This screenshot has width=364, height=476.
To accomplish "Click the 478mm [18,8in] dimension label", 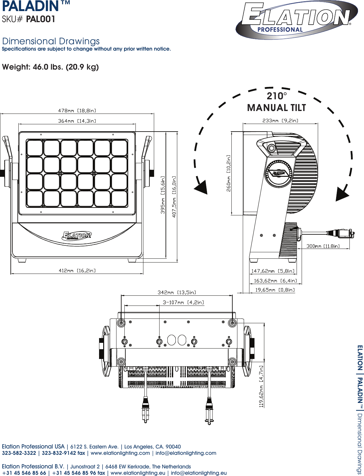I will coord(77,111).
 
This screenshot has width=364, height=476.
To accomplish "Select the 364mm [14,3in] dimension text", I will coord(77,121).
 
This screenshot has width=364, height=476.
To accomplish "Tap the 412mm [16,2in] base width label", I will coord(77,270).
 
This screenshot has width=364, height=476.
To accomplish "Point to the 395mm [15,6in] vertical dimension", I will coord(163,195).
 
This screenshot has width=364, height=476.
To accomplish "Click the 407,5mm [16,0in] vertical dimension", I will coord(174,196).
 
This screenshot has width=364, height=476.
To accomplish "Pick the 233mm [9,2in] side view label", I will coord(280,121).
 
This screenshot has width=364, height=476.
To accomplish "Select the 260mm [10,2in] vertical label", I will coord(229,173).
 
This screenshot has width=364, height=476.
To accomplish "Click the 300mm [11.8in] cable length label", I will coord(323,246).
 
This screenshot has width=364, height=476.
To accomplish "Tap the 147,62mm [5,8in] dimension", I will coord(273,271).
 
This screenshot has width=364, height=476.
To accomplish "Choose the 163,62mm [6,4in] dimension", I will coord(275,281).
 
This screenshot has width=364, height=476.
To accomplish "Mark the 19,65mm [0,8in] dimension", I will coord(275,290).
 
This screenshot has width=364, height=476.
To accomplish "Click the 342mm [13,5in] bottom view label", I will coord(177,292).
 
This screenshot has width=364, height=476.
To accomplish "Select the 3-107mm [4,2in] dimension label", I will coord(183,302).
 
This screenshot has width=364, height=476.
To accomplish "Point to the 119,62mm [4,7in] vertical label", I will coord(261,386).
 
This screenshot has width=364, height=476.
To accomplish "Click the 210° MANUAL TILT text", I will coord(276,102).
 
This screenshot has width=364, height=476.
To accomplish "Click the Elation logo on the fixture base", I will coord(77,236).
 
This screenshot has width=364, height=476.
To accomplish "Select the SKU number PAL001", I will coord(41,19).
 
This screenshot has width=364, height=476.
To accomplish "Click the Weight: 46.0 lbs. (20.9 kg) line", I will coord(50,67).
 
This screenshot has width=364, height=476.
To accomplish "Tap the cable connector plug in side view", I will coord(343,234).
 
